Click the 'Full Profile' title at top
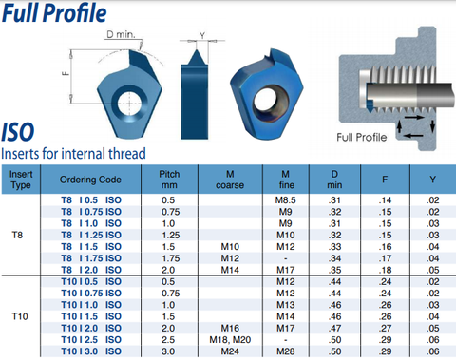pyautogui.click(x=54, y=13)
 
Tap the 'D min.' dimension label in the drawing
pyautogui.click(x=121, y=34)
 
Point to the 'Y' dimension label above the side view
pyautogui.click(x=202, y=35)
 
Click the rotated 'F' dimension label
pyautogui.click(x=66, y=73)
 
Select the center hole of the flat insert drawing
pyautogui.click(x=129, y=104)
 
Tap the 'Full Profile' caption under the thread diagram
pyautogui.click(x=362, y=138)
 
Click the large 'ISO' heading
pyautogui.click(x=18, y=132)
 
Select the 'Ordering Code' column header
pyautogui.click(x=90, y=180)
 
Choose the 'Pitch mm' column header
pyautogui.click(x=169, y=180)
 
